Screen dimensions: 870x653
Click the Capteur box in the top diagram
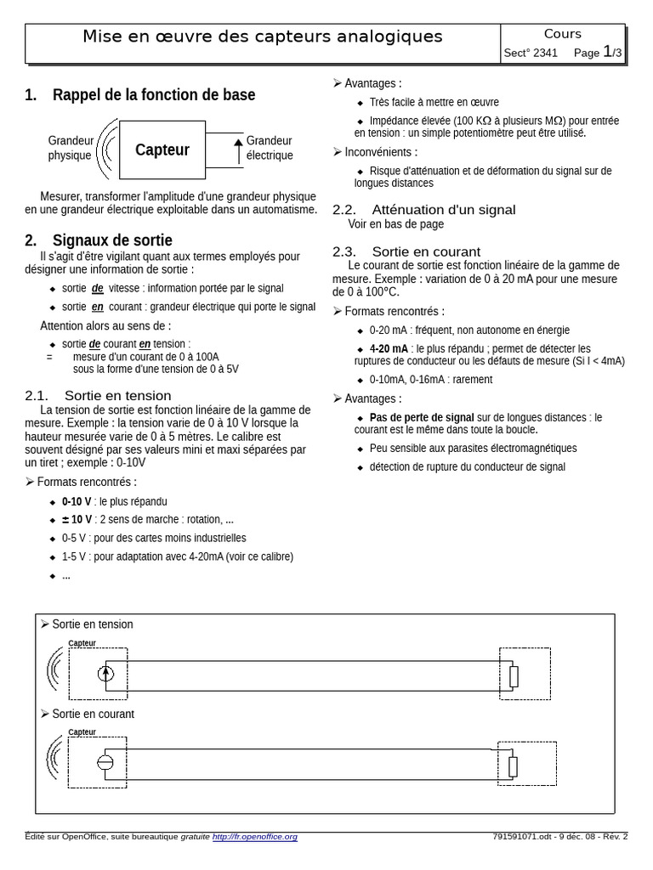[x=162, y=150]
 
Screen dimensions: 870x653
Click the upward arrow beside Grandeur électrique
[x=238, y=150]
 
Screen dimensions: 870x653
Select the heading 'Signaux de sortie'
[x=112, y=240]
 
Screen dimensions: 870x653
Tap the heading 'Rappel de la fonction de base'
[x=153, y=95]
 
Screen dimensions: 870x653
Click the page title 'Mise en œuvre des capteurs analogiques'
[x=262, y=37]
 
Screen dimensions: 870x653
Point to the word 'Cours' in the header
[x=562, y=34]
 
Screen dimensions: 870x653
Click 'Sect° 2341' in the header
[x=531, y=53]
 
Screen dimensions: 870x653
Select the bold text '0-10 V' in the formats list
[x=77, y=500]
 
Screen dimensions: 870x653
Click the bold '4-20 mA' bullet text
[x=389, y=348]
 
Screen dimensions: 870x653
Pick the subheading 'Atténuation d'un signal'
[x=443, y=210]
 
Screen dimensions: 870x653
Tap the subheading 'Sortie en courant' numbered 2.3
[x=425, y=251]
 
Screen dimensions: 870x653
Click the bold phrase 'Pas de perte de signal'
[x=422, y=417]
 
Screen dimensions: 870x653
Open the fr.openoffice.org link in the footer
[x=255, y=837]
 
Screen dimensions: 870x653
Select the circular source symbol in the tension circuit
[x=105, y=674]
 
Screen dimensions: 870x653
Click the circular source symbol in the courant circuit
[x=105, y=761]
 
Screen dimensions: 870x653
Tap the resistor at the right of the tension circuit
[x=514, y=676]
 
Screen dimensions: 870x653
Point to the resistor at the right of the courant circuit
[x=513, y=765]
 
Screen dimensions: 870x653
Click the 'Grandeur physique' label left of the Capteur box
[x=71, y=148]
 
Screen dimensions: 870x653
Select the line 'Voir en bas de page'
[x=395, y=224]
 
